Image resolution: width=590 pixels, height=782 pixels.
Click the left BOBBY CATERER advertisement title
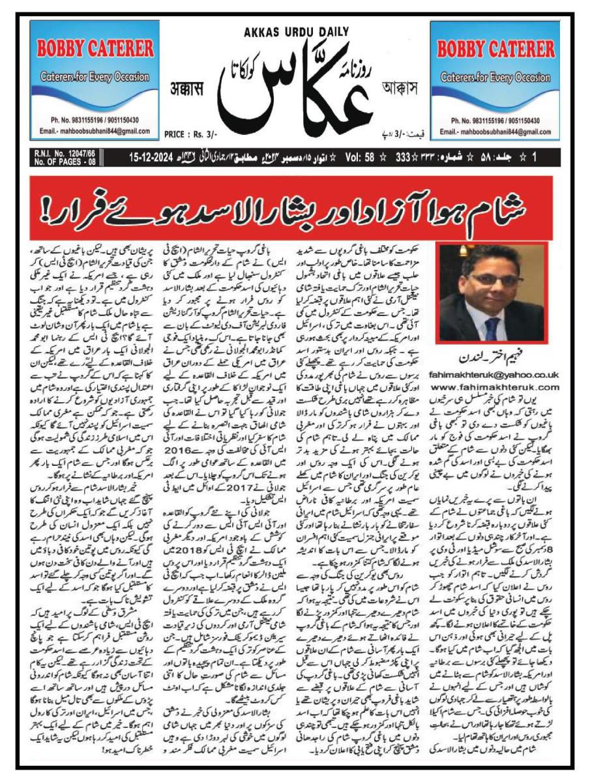(95, 48)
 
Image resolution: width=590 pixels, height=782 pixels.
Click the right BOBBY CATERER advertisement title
(495, 48)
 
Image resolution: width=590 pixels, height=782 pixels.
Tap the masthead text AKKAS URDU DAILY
(296, 31)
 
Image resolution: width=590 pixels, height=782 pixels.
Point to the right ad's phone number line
(495, 121)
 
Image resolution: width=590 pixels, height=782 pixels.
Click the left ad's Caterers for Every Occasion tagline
(95, 76)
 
